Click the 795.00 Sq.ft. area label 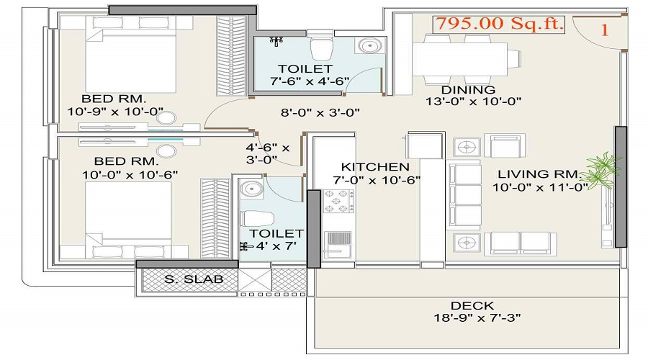coord(499,23)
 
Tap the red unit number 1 coord(605,30)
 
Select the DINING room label coord(468,90)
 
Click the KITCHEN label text coord(375,167)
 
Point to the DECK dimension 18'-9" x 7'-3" coord(477,318)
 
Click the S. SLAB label coord(194,279)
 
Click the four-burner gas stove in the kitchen coord(338,202)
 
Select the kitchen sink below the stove coord(338,244)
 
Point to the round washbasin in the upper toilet coord(369,45)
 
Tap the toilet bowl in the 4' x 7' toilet coord(257,219)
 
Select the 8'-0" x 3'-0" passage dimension coord(320,112)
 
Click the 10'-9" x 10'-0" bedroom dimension coord(115,112)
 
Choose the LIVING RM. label coord(539,174)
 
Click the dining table coord(459,59)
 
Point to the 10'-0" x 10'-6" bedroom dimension coord(130,175)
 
